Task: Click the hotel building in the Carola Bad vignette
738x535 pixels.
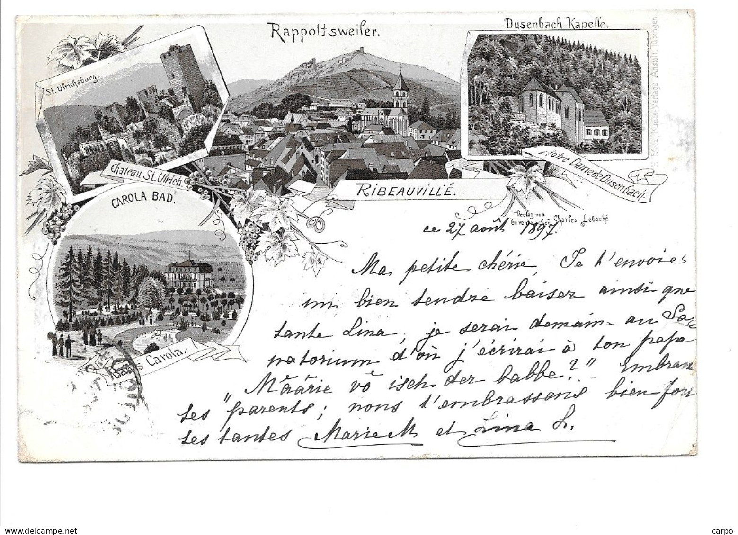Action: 189,275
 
